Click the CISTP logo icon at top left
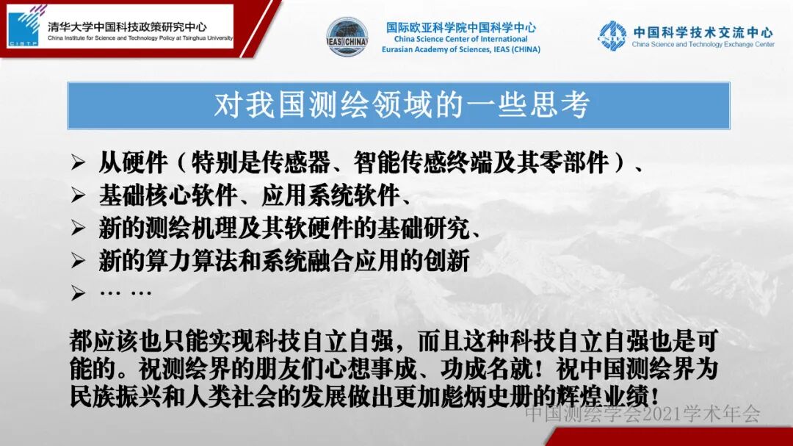[26, 26]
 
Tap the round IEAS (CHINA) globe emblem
[347, 36]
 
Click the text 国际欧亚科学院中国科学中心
[461, 27]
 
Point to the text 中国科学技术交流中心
[703, 32]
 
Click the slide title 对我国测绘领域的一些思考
[401, 106]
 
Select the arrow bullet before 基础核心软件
[79, 196]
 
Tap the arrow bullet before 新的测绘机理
[79, 229]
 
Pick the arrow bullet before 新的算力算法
[79, 261]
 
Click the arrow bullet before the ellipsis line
[79, 294]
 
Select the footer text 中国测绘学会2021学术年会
[642, 414]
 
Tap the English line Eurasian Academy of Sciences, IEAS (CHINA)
[460, 49]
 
